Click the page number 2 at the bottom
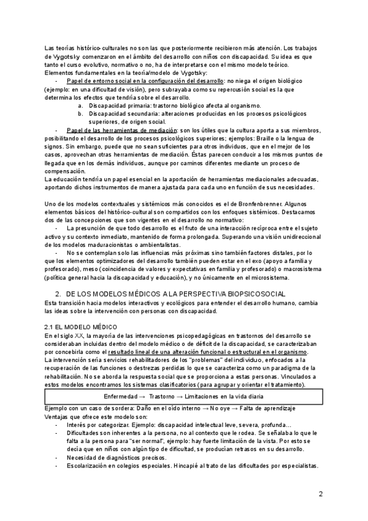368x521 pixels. [321, 494]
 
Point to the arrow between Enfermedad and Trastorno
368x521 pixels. [143, 396]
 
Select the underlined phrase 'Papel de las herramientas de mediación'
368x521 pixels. [121, 131]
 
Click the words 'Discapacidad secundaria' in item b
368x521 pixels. [123, 114]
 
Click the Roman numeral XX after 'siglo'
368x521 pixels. [80, 335]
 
